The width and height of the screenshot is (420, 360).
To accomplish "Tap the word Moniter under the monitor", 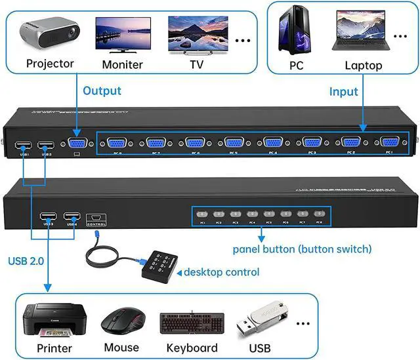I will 122,64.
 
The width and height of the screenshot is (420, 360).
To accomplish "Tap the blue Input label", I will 343,92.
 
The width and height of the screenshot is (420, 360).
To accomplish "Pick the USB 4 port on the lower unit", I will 72,218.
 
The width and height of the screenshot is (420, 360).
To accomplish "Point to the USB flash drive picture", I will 262,319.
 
